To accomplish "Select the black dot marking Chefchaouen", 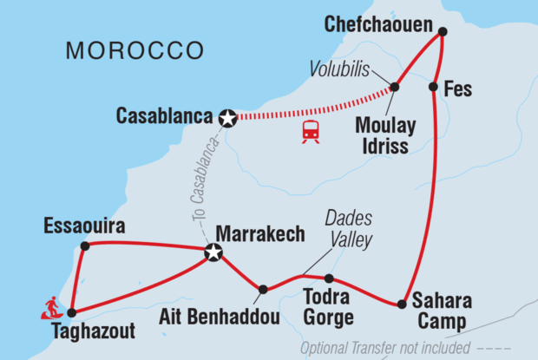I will click(x=442, y=32).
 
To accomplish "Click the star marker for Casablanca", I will click(x=227, y=119).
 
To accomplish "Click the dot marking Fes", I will click(x=432, y=87).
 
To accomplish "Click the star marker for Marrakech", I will click(x=213, y=253).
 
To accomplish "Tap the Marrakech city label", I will click(x=259, y=234).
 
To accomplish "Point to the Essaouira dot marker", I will click(x=84, y=246).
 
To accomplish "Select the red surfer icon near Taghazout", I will click(x=53, y=307).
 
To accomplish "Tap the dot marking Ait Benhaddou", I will click(x=262, y=290).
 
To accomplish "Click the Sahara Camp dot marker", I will click(x=402, y=304).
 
